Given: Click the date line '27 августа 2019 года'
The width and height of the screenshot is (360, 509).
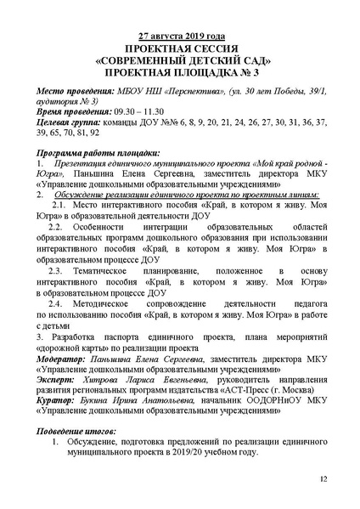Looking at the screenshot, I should pos(179,37).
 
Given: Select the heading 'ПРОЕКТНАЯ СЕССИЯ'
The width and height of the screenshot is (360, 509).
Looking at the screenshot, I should pos(179,49).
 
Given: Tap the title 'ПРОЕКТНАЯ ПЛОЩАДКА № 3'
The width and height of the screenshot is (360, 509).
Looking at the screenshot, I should pos(179,74).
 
